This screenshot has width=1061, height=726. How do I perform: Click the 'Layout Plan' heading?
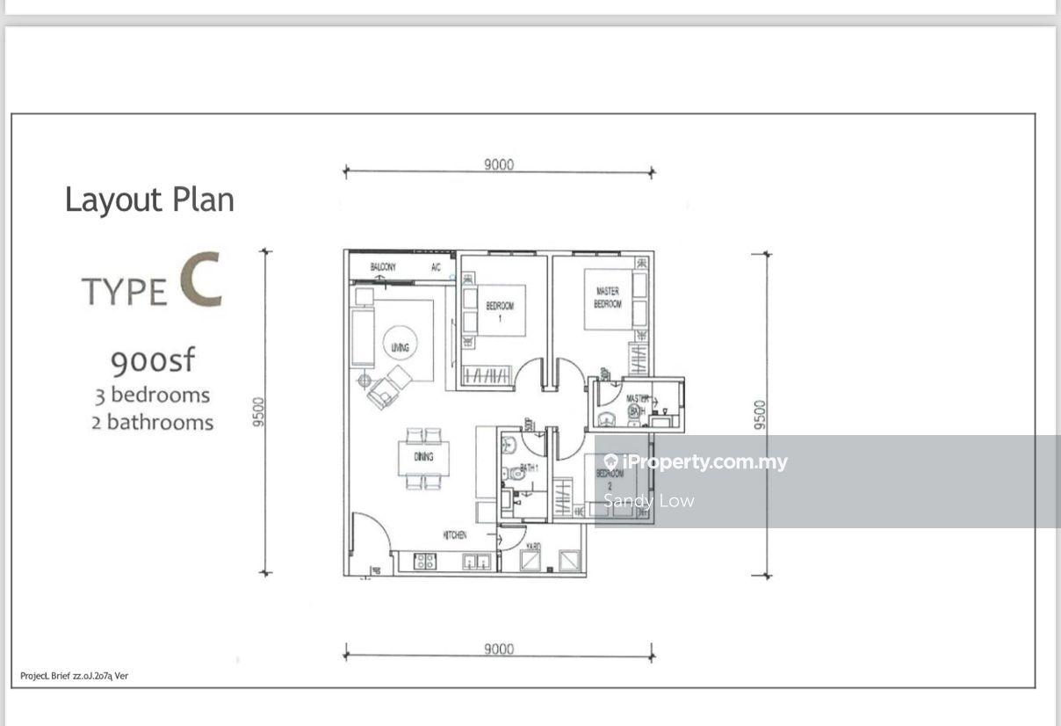pos(149,200)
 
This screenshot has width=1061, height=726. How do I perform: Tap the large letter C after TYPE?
pos(200,280)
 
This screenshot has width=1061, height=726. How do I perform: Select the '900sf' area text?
pos(153,360)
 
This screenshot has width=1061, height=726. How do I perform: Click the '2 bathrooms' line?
pos(153,422)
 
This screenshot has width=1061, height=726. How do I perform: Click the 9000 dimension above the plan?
pos(498,164)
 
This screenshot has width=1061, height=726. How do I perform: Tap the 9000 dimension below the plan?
pos(498,650)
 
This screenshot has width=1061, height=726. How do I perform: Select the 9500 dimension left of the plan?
pos(258,412)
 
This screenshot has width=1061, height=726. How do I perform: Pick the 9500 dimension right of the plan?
pos(760,414)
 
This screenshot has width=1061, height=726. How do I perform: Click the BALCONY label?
pos(382,267)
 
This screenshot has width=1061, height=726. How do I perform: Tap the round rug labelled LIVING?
pos(401,346)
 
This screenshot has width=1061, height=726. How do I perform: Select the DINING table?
pos(423,457)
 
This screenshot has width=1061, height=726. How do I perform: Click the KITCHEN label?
pos(454,535)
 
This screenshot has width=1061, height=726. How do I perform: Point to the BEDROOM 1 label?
pos(500,310)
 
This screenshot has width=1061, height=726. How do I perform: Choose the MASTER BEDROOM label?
pos(607,297)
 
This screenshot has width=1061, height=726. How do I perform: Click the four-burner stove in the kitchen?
pos(424,562)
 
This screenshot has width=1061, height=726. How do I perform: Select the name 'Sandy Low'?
pos(649,501)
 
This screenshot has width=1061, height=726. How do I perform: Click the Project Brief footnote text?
pos(75,676)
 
